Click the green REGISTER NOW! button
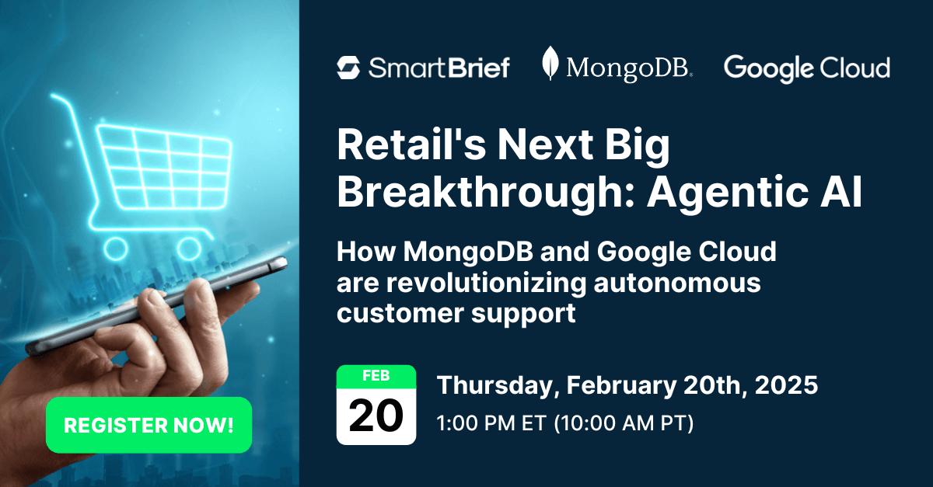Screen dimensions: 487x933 pyautogui.click(x=149, y=425)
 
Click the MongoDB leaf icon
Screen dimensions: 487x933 pyautogui.click(x=550, y=64)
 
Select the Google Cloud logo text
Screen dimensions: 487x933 pyautogui.click(x=806, y=68)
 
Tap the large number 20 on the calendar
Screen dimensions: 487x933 pyautogui.click(x=376, y=416)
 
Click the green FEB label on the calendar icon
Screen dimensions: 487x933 pyautogui.click(x=376, y=375)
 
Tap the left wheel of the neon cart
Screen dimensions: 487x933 pyautogui.click(x=116, y=249)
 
